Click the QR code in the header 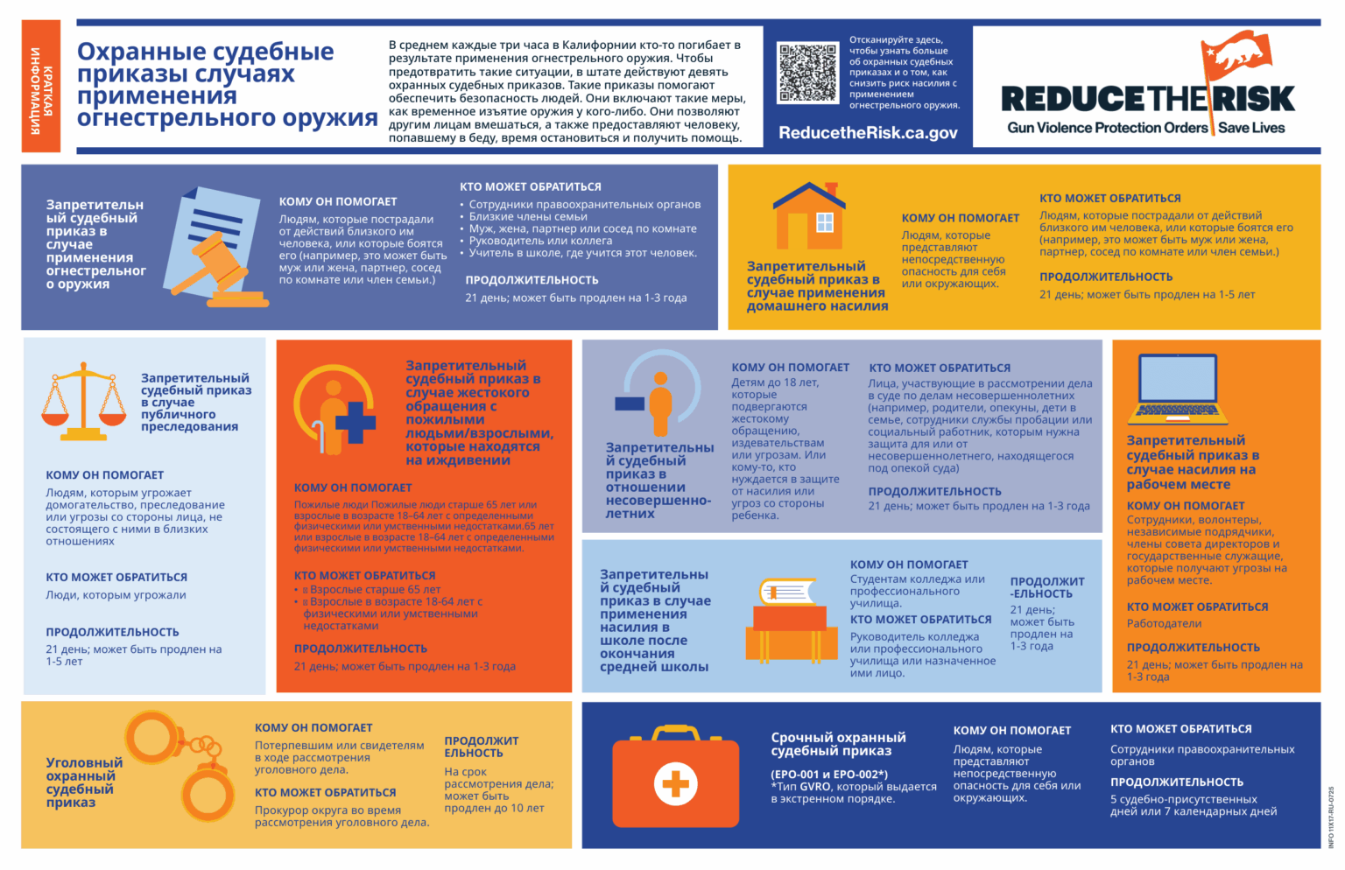[x=807, y=73]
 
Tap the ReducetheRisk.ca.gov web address [x=868, y=133]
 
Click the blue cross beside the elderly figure [x=355, y=422]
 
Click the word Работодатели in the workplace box [x=1164, y=624]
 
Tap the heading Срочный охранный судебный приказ [x=838, y=744]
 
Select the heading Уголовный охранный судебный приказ [x=84, y=782]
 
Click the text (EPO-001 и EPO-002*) [x=828, y=775]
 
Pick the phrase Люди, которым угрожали [x=116, y=595]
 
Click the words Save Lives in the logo [x=1251, y=128]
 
